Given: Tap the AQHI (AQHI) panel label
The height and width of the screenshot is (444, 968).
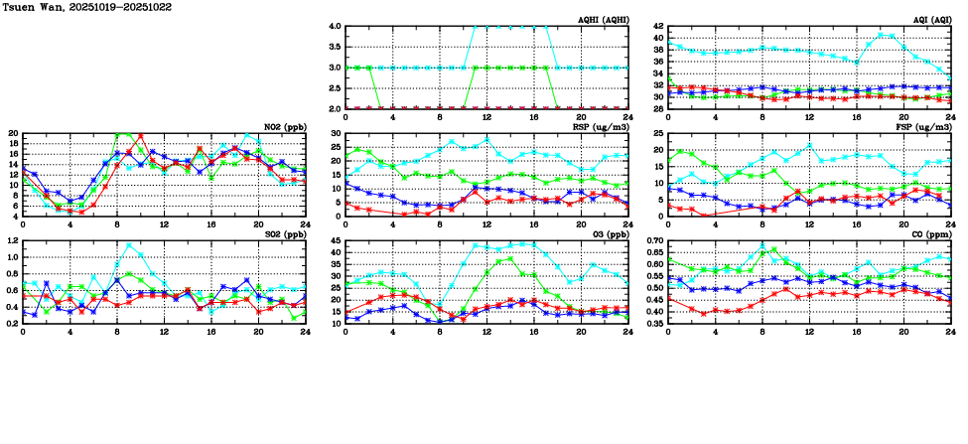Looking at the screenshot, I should coord(602,20).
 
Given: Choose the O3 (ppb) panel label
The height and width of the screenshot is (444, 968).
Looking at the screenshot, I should coord(608,234).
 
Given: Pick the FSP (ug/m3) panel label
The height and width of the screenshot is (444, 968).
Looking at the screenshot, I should coord(924,127).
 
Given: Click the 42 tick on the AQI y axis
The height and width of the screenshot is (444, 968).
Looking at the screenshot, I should coord(658,39).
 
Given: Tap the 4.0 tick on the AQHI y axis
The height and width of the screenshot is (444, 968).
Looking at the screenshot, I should coord(335,27).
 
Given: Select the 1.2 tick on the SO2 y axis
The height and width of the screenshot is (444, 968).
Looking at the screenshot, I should coord(12,241).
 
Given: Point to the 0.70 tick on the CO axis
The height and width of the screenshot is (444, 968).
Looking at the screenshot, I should coord(654,241).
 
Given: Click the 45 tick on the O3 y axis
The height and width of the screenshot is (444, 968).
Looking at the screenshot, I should coord(335,241).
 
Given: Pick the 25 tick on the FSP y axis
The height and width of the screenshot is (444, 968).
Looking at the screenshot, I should coord(658,134).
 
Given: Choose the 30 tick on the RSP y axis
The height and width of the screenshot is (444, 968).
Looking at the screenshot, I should coord(335,134).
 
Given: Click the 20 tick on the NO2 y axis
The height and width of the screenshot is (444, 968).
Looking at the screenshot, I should coord(14,134).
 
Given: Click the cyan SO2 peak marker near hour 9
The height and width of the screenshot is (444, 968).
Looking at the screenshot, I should coord(129,244).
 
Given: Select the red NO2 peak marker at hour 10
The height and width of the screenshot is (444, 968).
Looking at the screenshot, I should coord(141,136).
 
